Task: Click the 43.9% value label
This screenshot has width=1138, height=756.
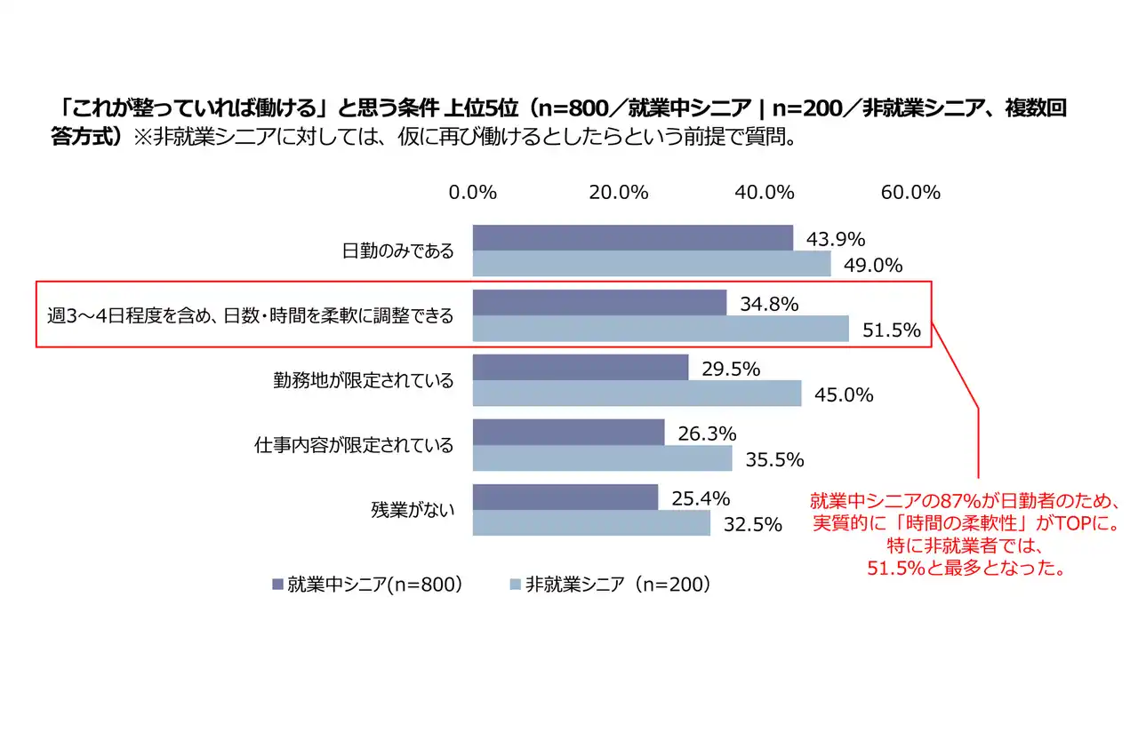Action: tap(836, 239)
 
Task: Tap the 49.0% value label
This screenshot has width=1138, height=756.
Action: tap(873, 265)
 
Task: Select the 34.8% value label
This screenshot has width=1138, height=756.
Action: tap(769, 304)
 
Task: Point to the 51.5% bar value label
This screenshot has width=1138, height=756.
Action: tap(891, 330)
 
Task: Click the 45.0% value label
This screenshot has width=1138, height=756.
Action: tap(844, 394)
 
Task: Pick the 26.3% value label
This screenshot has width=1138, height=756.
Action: tap(707, 434)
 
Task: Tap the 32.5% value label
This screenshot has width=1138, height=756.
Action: tap(752, 524)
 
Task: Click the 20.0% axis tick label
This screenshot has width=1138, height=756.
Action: tap(618, 193)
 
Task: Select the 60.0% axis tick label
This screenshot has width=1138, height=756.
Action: tap(910, 193)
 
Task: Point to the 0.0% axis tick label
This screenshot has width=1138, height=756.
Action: tap(472, 193)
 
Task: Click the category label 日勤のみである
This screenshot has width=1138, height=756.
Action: tap(397, 251)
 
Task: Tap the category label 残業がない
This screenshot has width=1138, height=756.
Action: tap(412, 510)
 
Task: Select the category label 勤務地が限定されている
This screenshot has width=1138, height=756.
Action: tap(363, 381)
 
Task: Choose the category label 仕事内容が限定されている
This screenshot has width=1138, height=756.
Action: tap(354, 445)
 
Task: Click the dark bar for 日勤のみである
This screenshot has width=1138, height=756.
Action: tap(632, 238)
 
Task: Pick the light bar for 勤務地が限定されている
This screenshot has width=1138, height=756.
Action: tap(637, 394)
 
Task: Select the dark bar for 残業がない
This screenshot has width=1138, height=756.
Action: tap(565, 497)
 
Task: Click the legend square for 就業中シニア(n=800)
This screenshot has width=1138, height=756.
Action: tap(276, 584)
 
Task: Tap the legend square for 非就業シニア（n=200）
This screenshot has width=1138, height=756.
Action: tap(515, 584)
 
